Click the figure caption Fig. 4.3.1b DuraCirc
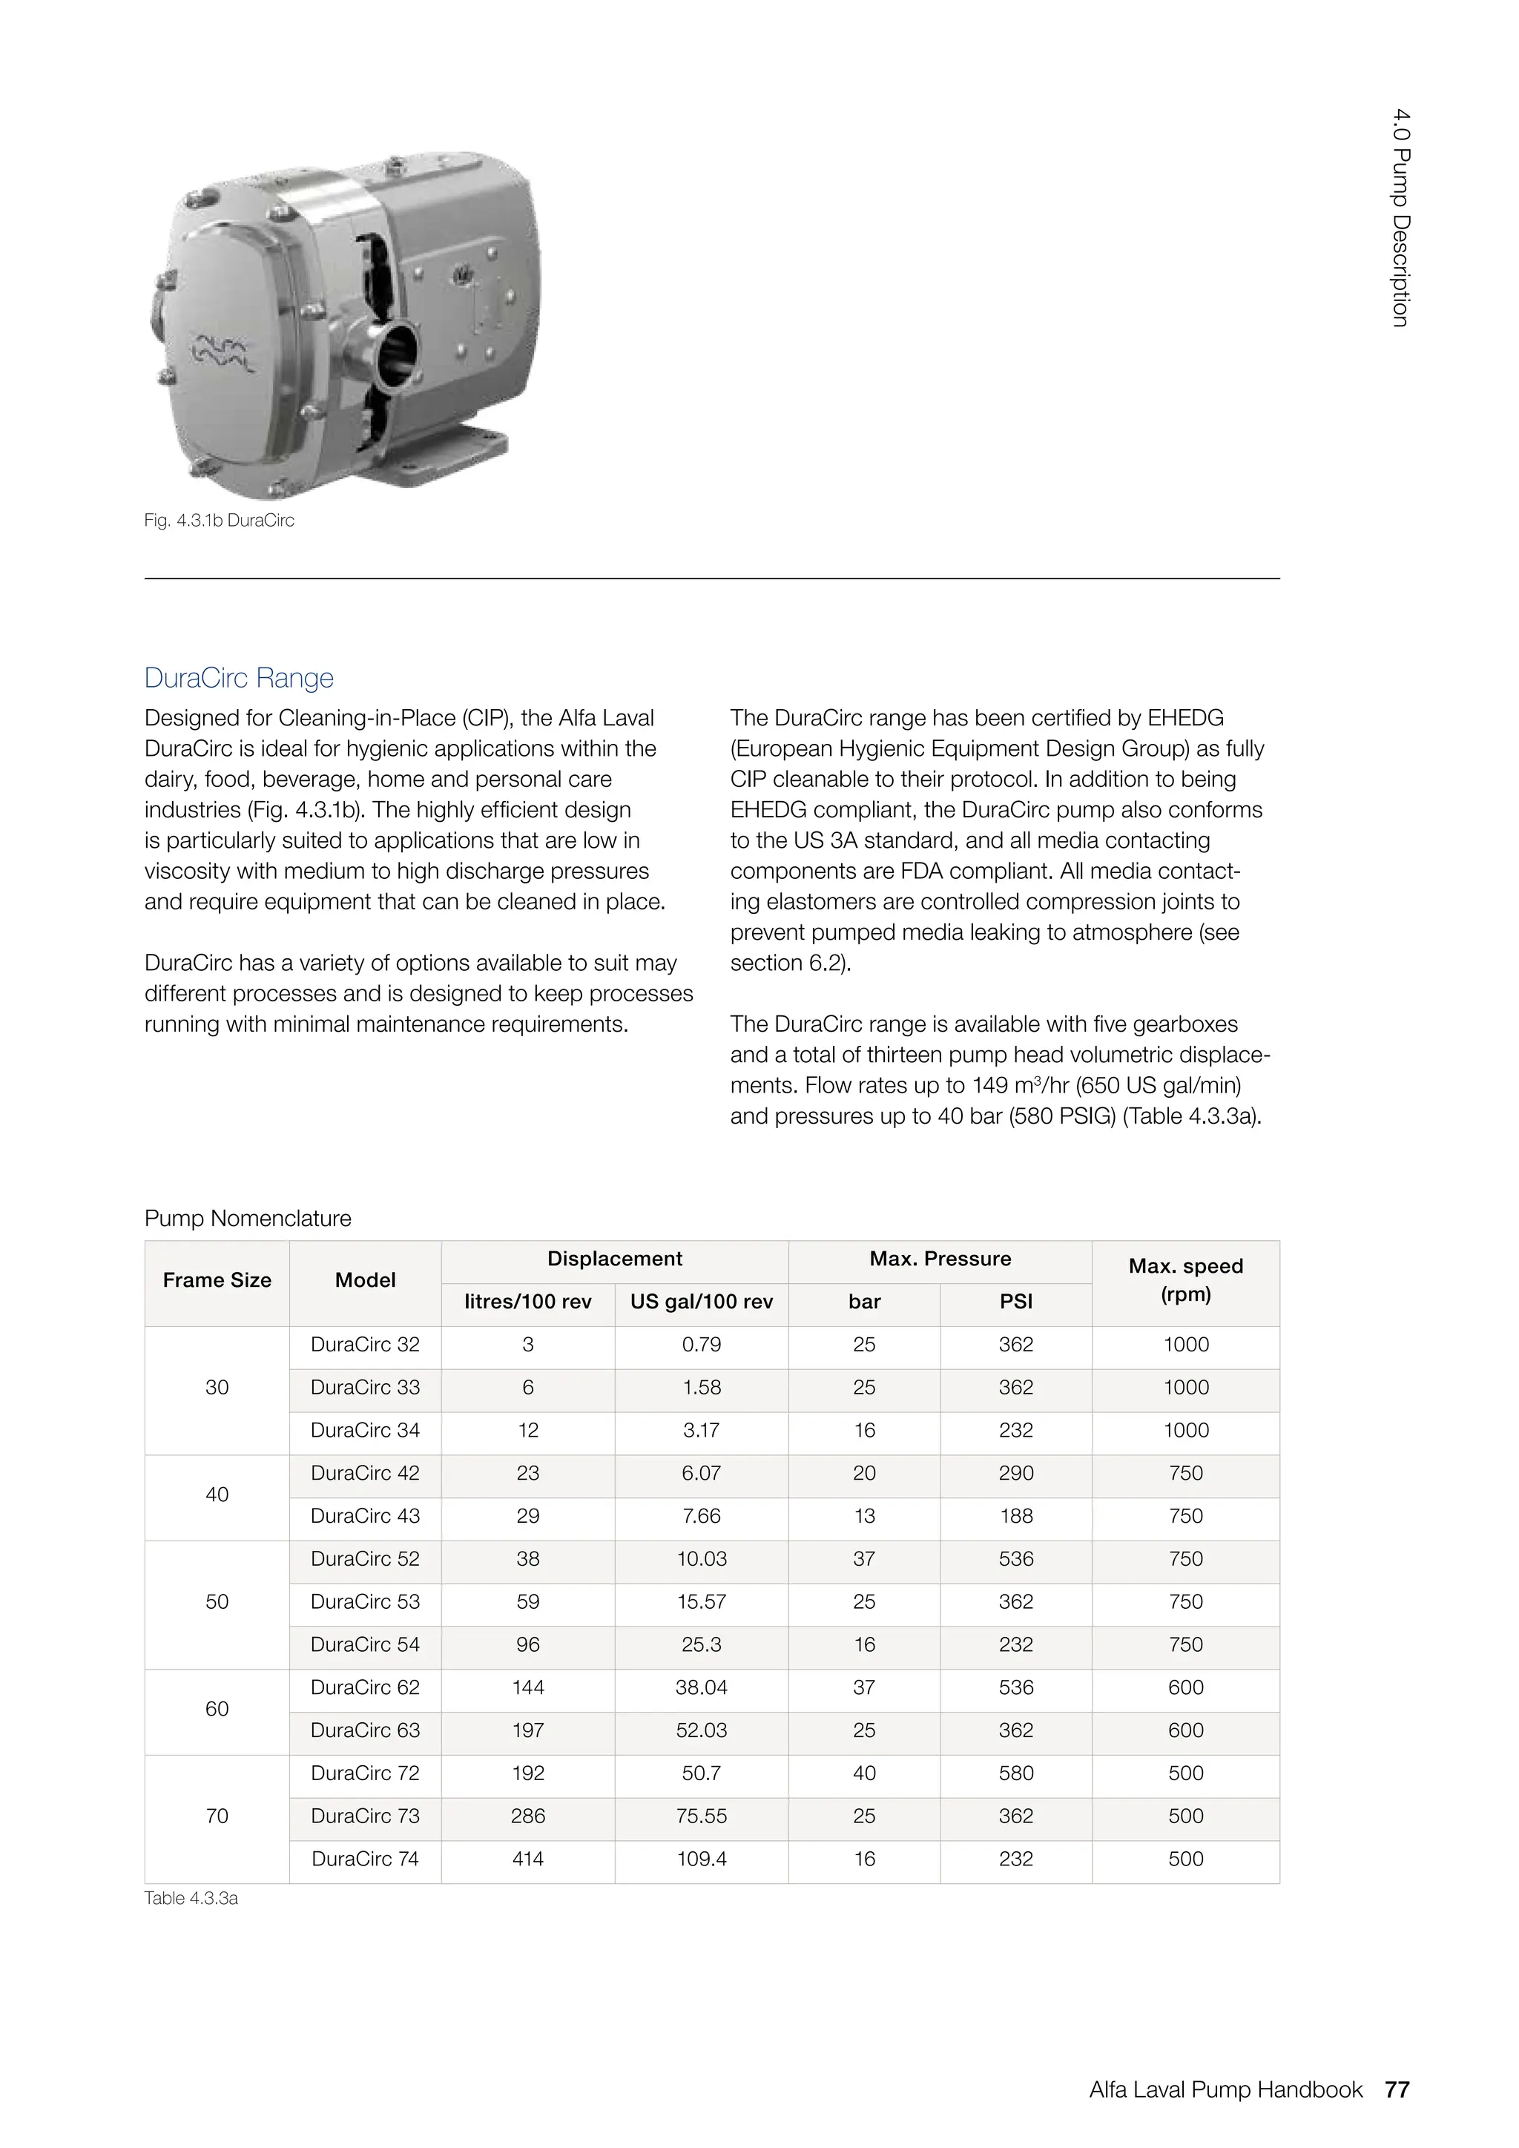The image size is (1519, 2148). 219,520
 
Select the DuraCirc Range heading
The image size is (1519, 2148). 239,677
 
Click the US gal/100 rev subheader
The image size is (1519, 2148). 702,1302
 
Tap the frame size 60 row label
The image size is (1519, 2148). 217,1708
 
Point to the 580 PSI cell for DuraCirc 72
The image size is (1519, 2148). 1016,1773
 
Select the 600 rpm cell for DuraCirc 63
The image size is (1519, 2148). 1185,1730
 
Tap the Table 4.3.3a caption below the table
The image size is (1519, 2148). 191,1898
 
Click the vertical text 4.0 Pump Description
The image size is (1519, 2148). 1400,217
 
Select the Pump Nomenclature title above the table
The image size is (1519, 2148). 248,1218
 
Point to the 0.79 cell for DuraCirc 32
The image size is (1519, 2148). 702,1345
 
